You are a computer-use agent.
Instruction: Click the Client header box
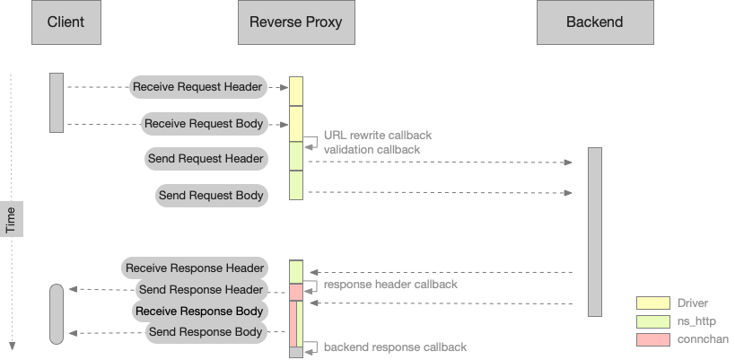point(66,22)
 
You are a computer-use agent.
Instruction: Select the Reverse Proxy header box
point(296,22)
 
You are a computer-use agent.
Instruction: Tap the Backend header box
point(594,22)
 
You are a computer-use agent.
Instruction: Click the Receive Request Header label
point(197,87)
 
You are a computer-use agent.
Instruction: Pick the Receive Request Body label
point(204,123)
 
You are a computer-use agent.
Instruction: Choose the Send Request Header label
point(206,159)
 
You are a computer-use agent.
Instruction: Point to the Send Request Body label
point(211,195)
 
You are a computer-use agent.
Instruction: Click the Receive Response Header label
point(195,268)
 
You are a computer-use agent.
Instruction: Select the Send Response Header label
point(201,289)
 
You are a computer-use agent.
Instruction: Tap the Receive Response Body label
point(199,311)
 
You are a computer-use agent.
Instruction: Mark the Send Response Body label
point(206,332)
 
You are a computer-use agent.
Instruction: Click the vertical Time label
point(11,219)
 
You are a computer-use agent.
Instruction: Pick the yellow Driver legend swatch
point(652,303)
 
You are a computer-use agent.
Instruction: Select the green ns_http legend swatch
point(652,320)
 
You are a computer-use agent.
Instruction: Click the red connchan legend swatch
point(652,338)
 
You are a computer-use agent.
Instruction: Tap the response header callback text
point(390,284)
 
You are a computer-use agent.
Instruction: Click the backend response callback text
point(395,347)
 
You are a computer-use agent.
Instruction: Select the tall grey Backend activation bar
point(594,232)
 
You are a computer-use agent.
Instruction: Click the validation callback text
point(372,149)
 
